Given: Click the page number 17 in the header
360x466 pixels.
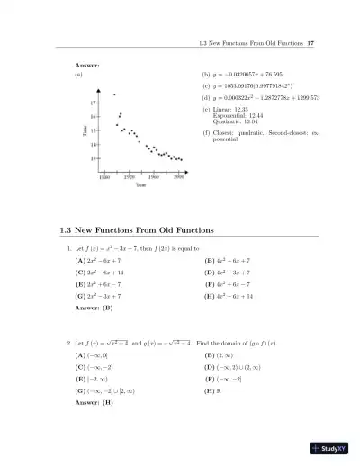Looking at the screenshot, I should [310, 44].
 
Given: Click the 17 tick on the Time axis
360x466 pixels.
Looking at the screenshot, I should [94, 103].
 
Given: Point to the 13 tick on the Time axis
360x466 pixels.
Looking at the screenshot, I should [94, 158].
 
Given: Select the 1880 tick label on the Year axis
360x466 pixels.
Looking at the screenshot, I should [104, 177].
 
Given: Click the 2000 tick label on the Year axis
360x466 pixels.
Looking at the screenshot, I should [179, 177].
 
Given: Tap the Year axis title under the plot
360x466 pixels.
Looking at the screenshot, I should [141, 185].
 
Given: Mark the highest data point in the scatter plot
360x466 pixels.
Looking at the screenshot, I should [114, 94].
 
